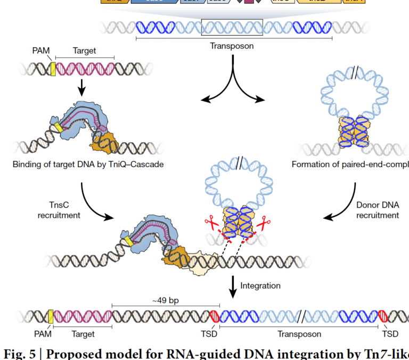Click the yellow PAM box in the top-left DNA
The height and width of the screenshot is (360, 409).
(53, 68)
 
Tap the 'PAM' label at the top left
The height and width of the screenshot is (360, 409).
(41, 51)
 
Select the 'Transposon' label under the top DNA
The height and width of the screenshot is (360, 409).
(232, 46)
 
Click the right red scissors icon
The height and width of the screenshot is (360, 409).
(261, 224)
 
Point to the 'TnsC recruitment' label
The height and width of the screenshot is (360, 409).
(60, 210)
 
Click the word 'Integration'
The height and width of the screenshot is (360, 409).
(260, 285)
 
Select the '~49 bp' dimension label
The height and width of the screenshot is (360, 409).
(162, 300)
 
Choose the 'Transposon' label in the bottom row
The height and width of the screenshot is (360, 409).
(299, 334)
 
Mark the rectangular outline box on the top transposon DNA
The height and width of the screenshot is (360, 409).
(232, 27)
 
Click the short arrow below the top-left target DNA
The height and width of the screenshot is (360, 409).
(82, 87)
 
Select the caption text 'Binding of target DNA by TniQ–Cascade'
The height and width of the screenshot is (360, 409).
(88, 164)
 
